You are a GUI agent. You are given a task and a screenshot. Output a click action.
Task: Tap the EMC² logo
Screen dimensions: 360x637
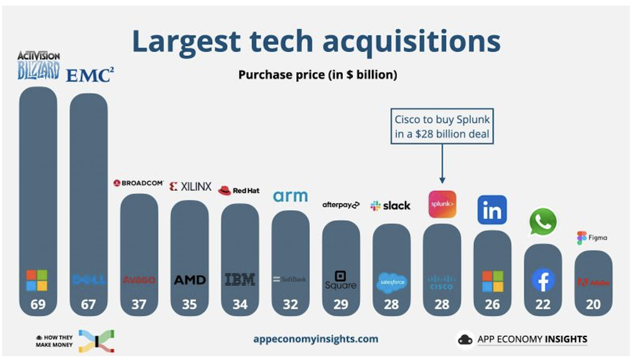point(90,75)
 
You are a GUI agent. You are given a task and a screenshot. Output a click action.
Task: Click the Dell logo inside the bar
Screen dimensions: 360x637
point(88,280)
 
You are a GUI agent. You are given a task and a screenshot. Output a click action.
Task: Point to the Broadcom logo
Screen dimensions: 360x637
point(138,183)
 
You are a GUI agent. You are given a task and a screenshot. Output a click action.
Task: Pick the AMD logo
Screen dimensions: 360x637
point(190,280)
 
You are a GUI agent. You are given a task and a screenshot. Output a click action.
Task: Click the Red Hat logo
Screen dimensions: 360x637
point(239,190)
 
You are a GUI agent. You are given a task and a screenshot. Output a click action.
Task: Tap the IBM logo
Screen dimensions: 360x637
point(240,280)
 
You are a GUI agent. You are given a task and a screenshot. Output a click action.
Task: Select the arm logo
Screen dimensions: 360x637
point(291,196)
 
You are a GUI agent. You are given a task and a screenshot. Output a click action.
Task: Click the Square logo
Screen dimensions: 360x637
point(340,280)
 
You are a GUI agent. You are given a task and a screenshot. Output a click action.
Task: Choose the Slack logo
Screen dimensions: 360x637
point(391,205)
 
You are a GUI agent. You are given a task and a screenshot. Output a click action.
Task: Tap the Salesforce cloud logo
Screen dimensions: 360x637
point(391,282)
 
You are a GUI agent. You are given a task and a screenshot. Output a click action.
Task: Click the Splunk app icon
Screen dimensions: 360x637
point(442,205)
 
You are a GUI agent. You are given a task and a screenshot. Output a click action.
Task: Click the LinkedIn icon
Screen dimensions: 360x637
point(492,210)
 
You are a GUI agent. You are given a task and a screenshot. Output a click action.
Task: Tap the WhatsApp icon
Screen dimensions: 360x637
point(542,222)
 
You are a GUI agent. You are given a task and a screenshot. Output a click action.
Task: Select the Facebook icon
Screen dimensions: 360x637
point(543,280)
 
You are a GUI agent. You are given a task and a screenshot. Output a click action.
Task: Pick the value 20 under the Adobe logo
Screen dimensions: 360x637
point(593,305)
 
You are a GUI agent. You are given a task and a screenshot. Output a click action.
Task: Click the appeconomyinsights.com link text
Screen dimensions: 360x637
point(315,339)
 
